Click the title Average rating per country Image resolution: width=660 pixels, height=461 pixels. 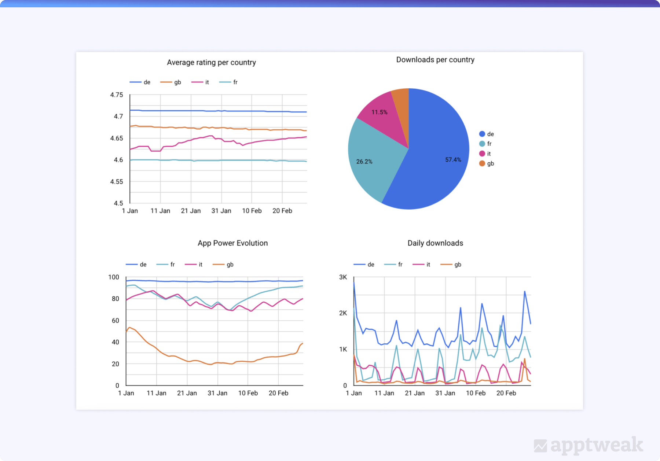tap(211, 63)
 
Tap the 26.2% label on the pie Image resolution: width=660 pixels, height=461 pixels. tap(364, 162)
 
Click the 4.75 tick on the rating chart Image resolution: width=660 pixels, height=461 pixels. tap(117, 95)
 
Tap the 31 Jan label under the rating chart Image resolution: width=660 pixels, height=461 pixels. tap(221, 211)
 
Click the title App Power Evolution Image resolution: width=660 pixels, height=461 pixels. tap(232, 243)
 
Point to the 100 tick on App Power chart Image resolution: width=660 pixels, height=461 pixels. tap(114, 277)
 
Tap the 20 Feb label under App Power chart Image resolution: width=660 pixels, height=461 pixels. tap(278, 393)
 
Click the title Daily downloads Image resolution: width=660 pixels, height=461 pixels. tap(435, 243)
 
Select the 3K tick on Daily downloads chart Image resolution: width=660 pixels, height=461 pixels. tap(343, 277)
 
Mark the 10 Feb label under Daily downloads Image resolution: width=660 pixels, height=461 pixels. tap(476, 393)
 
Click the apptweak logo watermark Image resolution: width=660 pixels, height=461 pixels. tap(588, 446)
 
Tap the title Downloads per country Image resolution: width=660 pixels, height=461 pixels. tap(435, 60)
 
